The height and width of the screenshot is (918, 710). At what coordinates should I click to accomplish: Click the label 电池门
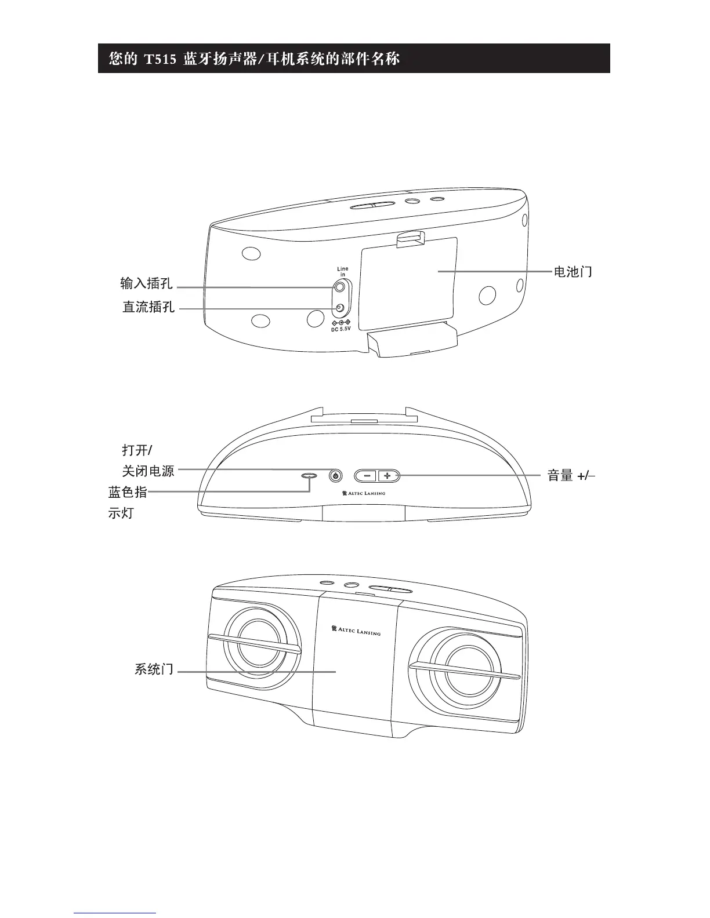(573, 272)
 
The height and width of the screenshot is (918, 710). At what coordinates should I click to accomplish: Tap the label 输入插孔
(147, 283)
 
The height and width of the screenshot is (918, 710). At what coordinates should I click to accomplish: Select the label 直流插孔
(148, 307)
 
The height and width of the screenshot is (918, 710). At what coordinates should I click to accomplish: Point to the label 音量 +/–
(571, 476)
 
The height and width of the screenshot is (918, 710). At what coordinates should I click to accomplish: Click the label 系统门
(154, 669)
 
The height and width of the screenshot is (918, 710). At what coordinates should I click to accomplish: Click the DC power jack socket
(340, 308)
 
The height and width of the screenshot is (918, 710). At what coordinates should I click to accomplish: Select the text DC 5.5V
(341, 329)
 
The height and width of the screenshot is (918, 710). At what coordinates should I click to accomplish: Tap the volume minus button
(367, 476)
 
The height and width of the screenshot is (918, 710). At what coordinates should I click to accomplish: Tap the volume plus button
(389, 476)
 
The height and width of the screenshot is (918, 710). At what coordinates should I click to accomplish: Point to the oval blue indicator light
(309, 476)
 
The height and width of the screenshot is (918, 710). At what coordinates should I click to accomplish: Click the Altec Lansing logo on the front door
(355, 630)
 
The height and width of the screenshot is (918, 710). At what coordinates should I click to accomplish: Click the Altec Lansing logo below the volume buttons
(363, 494)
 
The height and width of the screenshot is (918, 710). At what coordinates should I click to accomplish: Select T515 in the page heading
(160, 59)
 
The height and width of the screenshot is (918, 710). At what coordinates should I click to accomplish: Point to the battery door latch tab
(410, 239)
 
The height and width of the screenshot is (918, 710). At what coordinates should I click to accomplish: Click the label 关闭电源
(148, 471)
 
